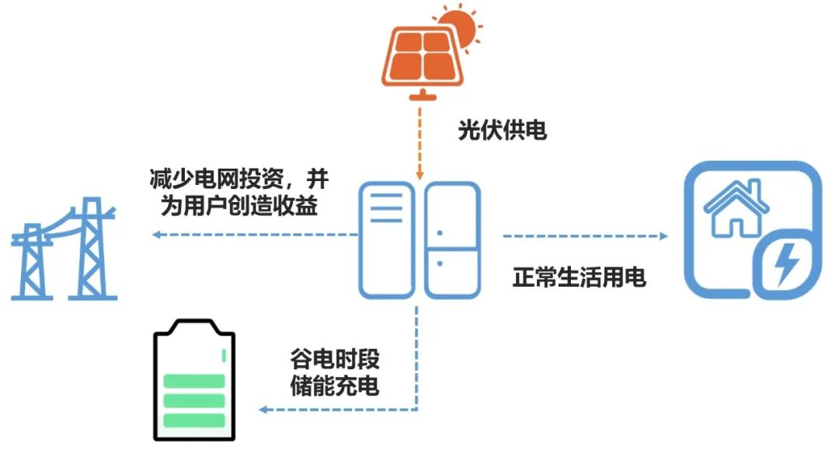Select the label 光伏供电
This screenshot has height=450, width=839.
(502, 130)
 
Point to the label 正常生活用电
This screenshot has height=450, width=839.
(580, 277)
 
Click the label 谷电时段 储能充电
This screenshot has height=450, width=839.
(335, 374)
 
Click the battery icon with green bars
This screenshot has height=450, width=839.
(194, 385)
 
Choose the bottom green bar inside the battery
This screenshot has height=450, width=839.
(194, 420)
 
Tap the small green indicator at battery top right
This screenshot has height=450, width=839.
(224, 355)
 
